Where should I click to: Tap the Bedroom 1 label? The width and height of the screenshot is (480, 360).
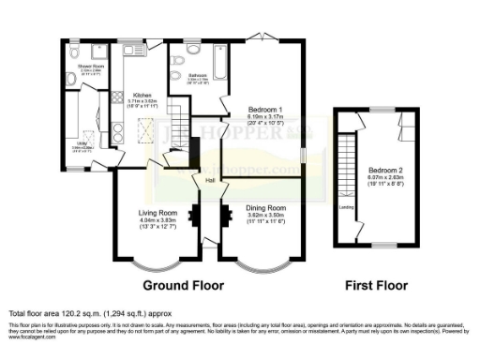(x=265, y=109)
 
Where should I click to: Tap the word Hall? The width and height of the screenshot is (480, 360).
(x=211, y=179)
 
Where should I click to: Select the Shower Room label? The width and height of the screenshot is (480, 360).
(x=91, y=67)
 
